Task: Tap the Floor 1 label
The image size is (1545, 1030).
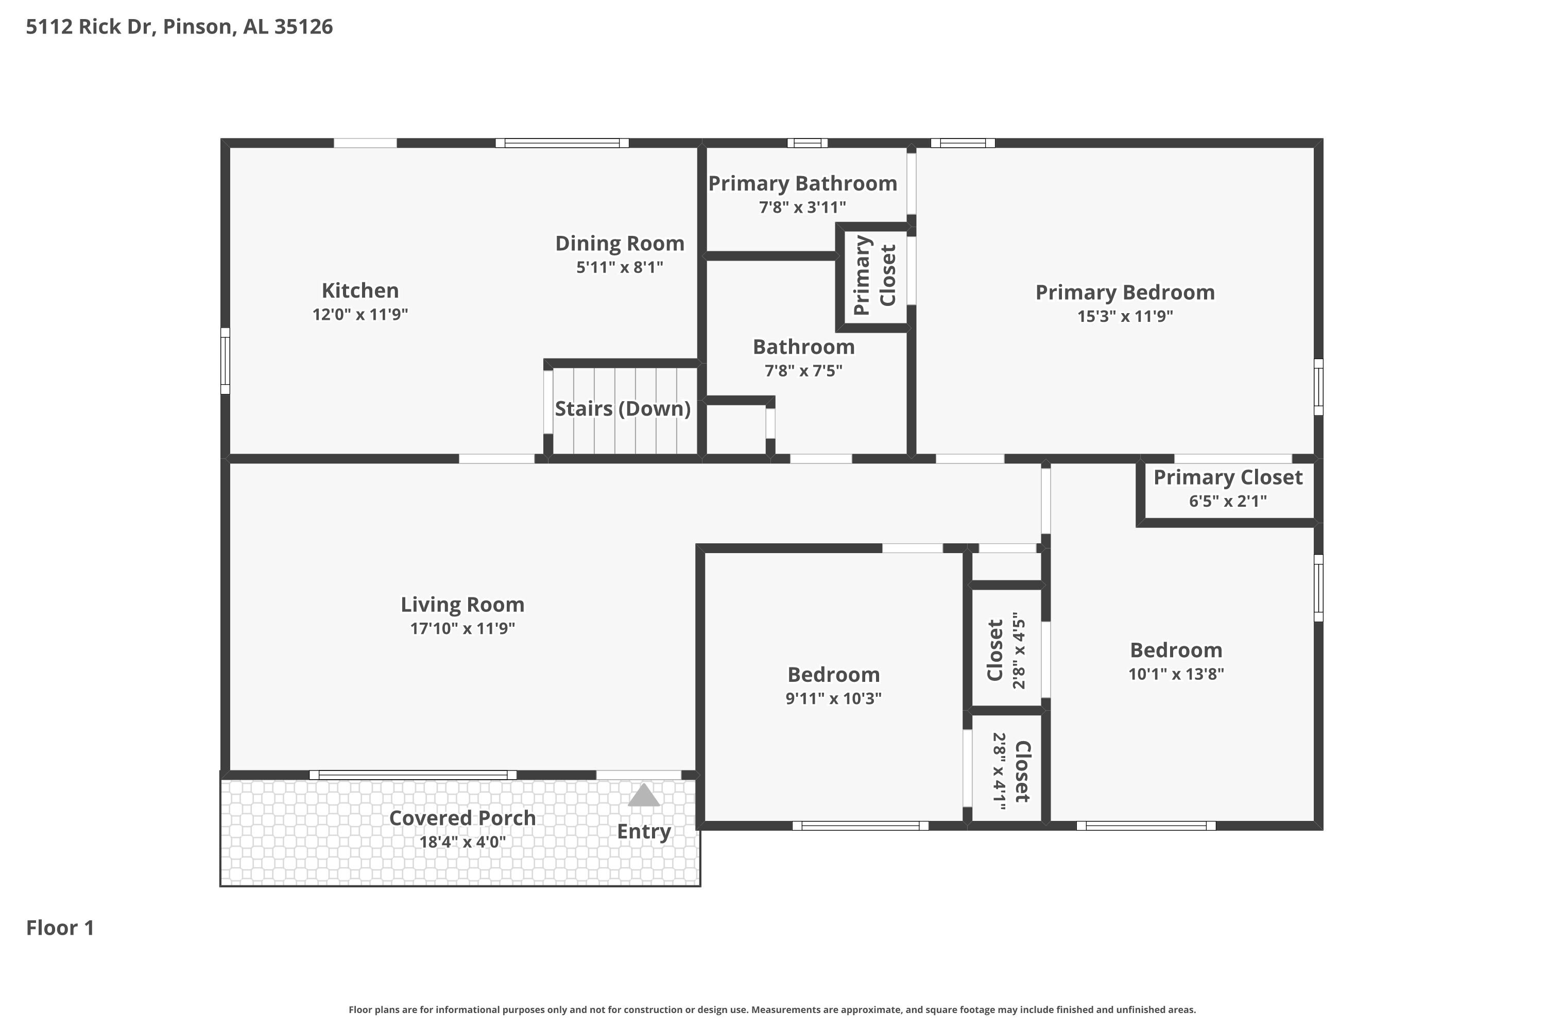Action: tap(60, 928)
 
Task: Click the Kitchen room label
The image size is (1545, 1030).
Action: tap(360, 290)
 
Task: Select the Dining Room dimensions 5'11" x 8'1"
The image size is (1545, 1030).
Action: tap(620, 267)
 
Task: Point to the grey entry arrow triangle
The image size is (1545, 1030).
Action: tap(643, 796)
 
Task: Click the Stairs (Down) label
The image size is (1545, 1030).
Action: tap(622, 408)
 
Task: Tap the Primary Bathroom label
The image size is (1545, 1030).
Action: tap(802, 183)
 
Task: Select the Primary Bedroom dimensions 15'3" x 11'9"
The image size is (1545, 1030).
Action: tap(1125, 316)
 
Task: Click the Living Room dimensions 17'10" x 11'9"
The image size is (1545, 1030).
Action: tap(462, 629)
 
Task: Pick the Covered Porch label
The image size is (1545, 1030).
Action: tap(462, 818)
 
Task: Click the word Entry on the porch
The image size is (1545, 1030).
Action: tap(644, 832)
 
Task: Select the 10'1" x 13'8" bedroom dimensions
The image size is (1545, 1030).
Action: tap(1176, 674)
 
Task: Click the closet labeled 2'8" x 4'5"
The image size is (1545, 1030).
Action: tap(1006, 650)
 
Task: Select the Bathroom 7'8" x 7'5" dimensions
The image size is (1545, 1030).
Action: tap(803, 370)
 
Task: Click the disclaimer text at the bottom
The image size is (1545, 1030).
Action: tap(772, 1009)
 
